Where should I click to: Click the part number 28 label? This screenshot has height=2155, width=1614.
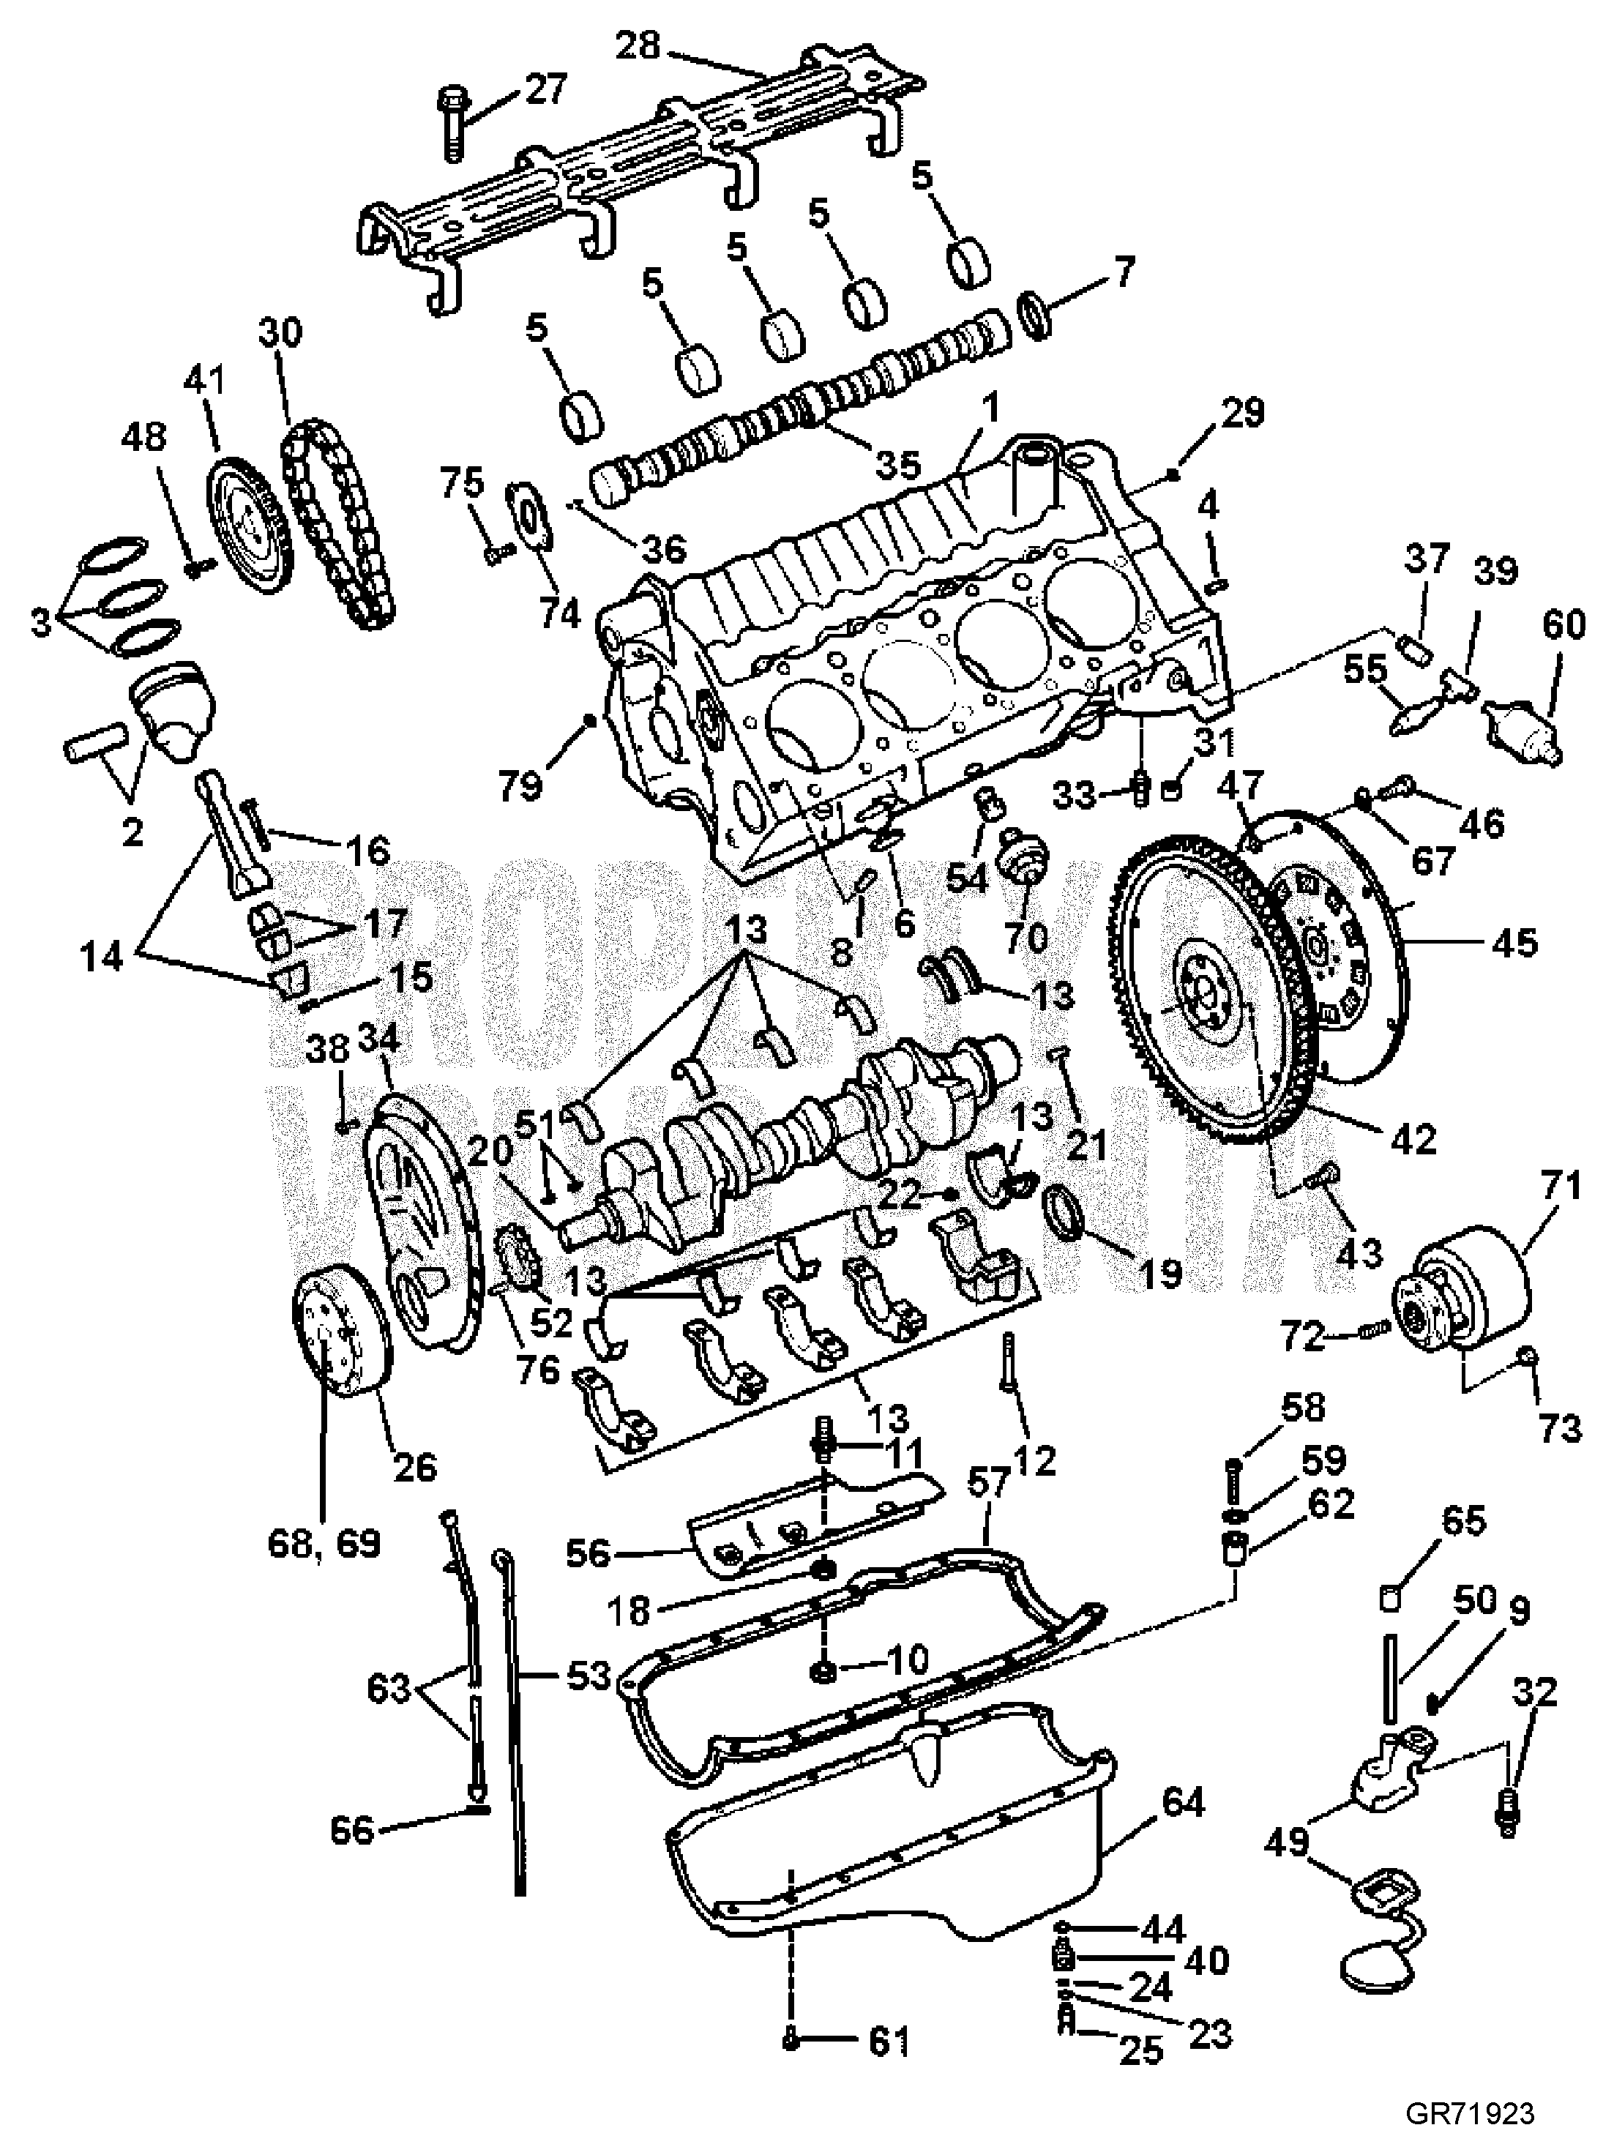[639, 45]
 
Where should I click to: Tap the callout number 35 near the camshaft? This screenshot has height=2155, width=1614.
[897, 466]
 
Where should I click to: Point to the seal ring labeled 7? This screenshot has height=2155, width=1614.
[1039, 314]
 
